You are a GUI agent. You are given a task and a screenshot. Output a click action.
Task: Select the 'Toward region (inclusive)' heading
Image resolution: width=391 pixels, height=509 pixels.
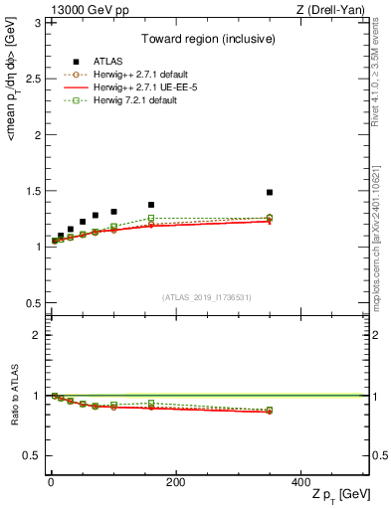pyautogui.click(x=207, y=40)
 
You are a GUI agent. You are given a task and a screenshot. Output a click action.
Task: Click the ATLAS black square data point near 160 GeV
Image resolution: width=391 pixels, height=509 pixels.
pyautogui.click(x=151, y=205)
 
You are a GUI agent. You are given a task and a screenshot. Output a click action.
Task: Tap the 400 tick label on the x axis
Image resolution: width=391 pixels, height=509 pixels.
pyautogui.click(x=300, y=482)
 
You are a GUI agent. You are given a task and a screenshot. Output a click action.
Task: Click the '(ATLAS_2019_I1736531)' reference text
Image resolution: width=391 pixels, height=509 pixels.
pyautogui.click(x=207, y=297)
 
